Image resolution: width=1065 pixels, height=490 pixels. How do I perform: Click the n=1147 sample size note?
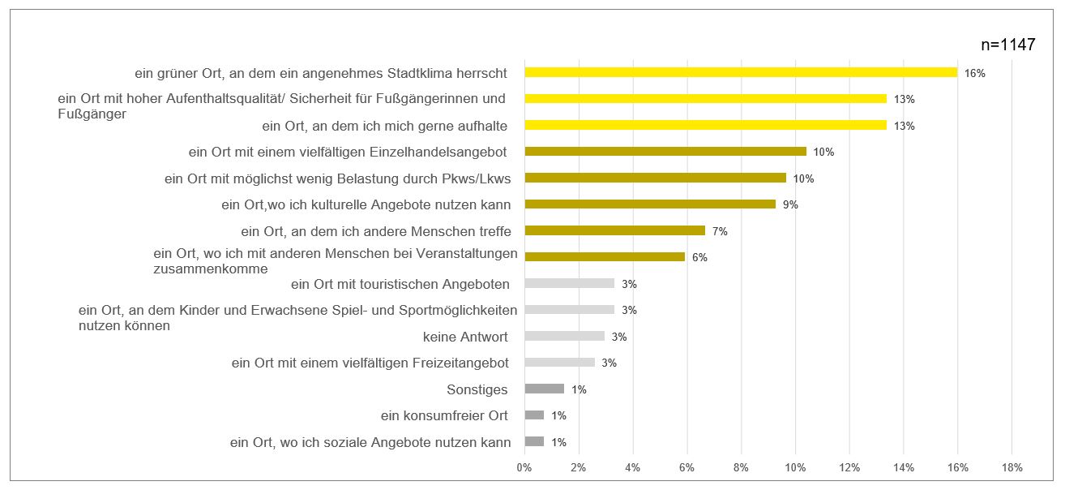1007,45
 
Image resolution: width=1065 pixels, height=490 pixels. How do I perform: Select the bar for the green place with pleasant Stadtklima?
741,72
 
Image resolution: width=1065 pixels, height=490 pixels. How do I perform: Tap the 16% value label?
974,73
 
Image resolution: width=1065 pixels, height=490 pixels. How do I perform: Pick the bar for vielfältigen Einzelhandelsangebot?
665,151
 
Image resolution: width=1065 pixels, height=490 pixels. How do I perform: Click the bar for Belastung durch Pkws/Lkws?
655,178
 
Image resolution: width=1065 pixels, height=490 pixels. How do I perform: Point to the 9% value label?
791,204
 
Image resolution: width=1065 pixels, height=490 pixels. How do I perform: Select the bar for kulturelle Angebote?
650,204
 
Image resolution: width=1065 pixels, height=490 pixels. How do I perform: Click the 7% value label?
720,231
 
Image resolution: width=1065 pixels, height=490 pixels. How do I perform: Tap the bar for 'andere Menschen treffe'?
614,230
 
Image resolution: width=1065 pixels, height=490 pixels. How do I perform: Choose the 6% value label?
699,258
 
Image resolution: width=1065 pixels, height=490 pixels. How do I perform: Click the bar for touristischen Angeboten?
569,283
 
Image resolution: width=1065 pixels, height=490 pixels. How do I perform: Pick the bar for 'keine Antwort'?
564,336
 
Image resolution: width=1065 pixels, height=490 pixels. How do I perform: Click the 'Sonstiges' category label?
477,389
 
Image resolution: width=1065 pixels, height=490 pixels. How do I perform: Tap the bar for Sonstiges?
544,389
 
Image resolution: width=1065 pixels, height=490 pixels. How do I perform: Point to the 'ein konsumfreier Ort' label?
444,415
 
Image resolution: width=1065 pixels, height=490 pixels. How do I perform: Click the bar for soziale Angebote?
534,441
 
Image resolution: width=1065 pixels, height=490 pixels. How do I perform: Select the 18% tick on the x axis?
1012,468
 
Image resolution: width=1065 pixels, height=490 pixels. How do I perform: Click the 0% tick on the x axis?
524,468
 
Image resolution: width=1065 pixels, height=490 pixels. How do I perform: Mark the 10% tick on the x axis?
795,468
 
